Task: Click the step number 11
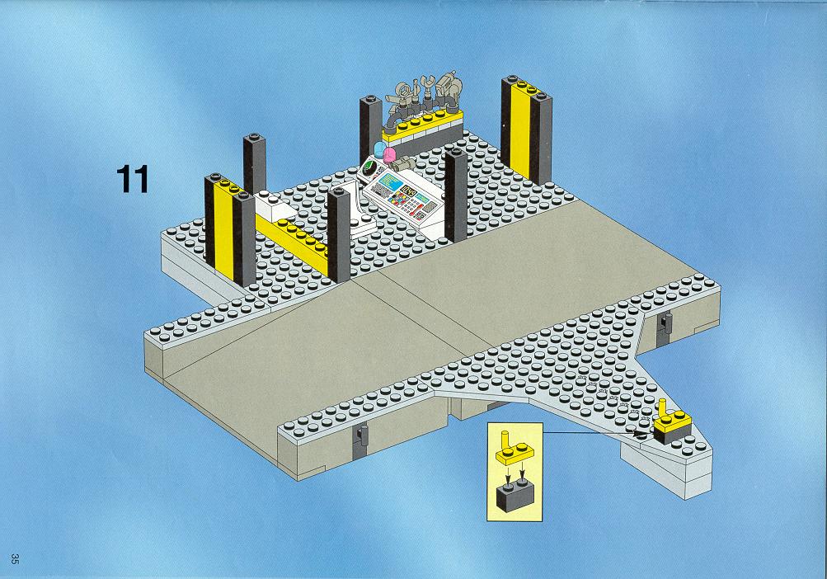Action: click(133, 180)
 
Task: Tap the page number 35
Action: click(16, 559)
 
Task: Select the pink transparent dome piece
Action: click(388, 154)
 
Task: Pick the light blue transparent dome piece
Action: click(379, 149)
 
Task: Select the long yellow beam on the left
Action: click(293, 240)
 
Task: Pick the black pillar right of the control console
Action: click(456, 195)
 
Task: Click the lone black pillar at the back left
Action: click(254, 163)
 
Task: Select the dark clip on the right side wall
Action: click(664, 327)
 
